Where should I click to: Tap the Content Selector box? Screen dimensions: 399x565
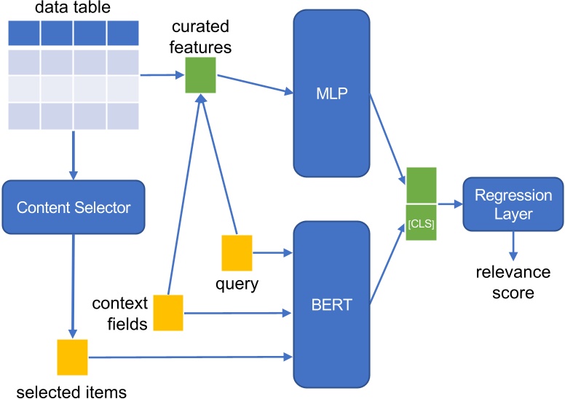(x=73, y=207)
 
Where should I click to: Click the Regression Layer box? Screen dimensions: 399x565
(x=503, y=205)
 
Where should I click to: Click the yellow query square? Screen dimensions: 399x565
(x=237, y=252)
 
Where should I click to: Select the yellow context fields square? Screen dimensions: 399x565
(x=168, y=312)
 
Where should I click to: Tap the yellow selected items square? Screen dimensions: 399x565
(x=72, y=357)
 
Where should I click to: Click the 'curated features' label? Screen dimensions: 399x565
(x=201, y=37)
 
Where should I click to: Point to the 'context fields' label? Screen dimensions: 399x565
(x=119, y=313)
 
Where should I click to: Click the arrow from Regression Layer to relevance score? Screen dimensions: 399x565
(x=514, y=244)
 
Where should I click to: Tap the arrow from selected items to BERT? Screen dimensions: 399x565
(x=189, y=357)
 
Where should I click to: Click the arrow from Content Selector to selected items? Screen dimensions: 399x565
(x=72, y=284)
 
